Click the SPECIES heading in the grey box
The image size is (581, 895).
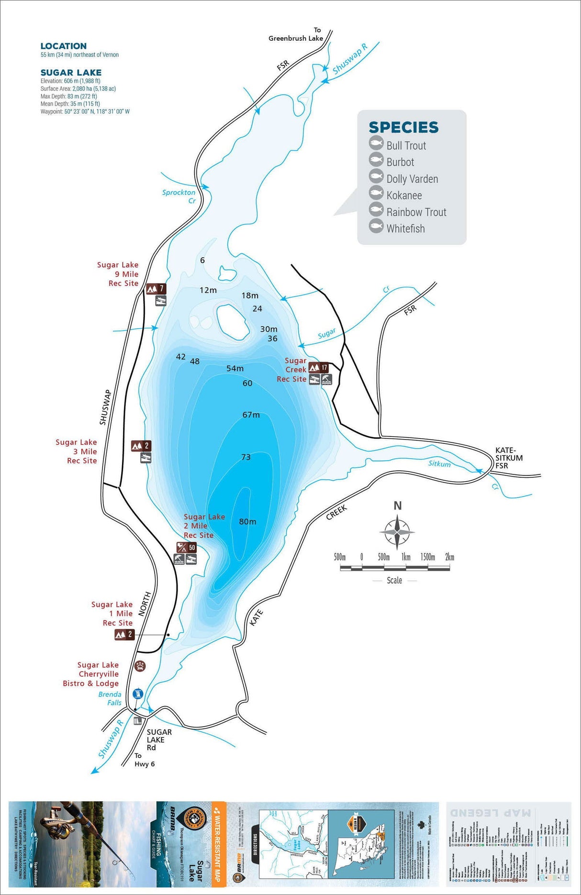pos(403,127)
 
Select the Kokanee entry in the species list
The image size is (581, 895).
pos(404,195)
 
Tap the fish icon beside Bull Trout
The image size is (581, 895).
pos(376,144)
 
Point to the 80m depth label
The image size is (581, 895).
pos(247,521)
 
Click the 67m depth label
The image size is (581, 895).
pos(251,415)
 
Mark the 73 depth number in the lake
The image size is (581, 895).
pos(246,457)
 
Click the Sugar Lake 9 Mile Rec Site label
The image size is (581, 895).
pos(118,274)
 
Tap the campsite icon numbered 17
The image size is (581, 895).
pos(319,367)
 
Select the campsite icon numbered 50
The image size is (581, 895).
pos(186,547)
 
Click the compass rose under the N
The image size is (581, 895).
pos(397,531)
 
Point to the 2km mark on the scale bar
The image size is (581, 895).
pos(449,557)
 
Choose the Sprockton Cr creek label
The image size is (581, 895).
pos(179,196)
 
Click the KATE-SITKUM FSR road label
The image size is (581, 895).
pos(508,458)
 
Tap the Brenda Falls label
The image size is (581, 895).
pos(110,698)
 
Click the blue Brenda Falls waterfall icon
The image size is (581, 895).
pos(138,693)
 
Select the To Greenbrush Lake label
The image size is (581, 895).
pos(296,34)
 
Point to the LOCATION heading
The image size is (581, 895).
pos(64,46)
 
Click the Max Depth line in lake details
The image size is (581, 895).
pos(68,96)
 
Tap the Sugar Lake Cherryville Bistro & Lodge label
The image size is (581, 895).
pos(91,674)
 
